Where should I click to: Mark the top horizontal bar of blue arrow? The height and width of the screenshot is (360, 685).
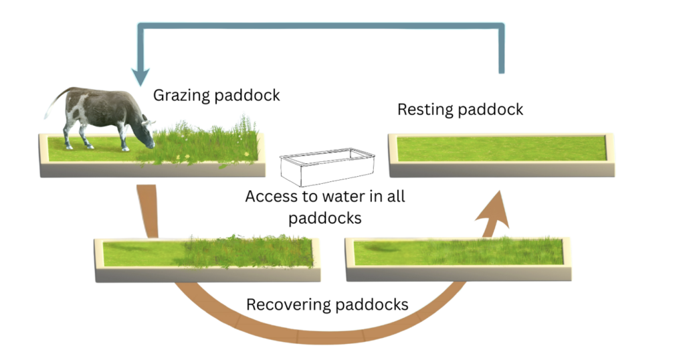click(321, 27)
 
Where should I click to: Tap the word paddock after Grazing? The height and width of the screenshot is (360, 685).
click(247, 95)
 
